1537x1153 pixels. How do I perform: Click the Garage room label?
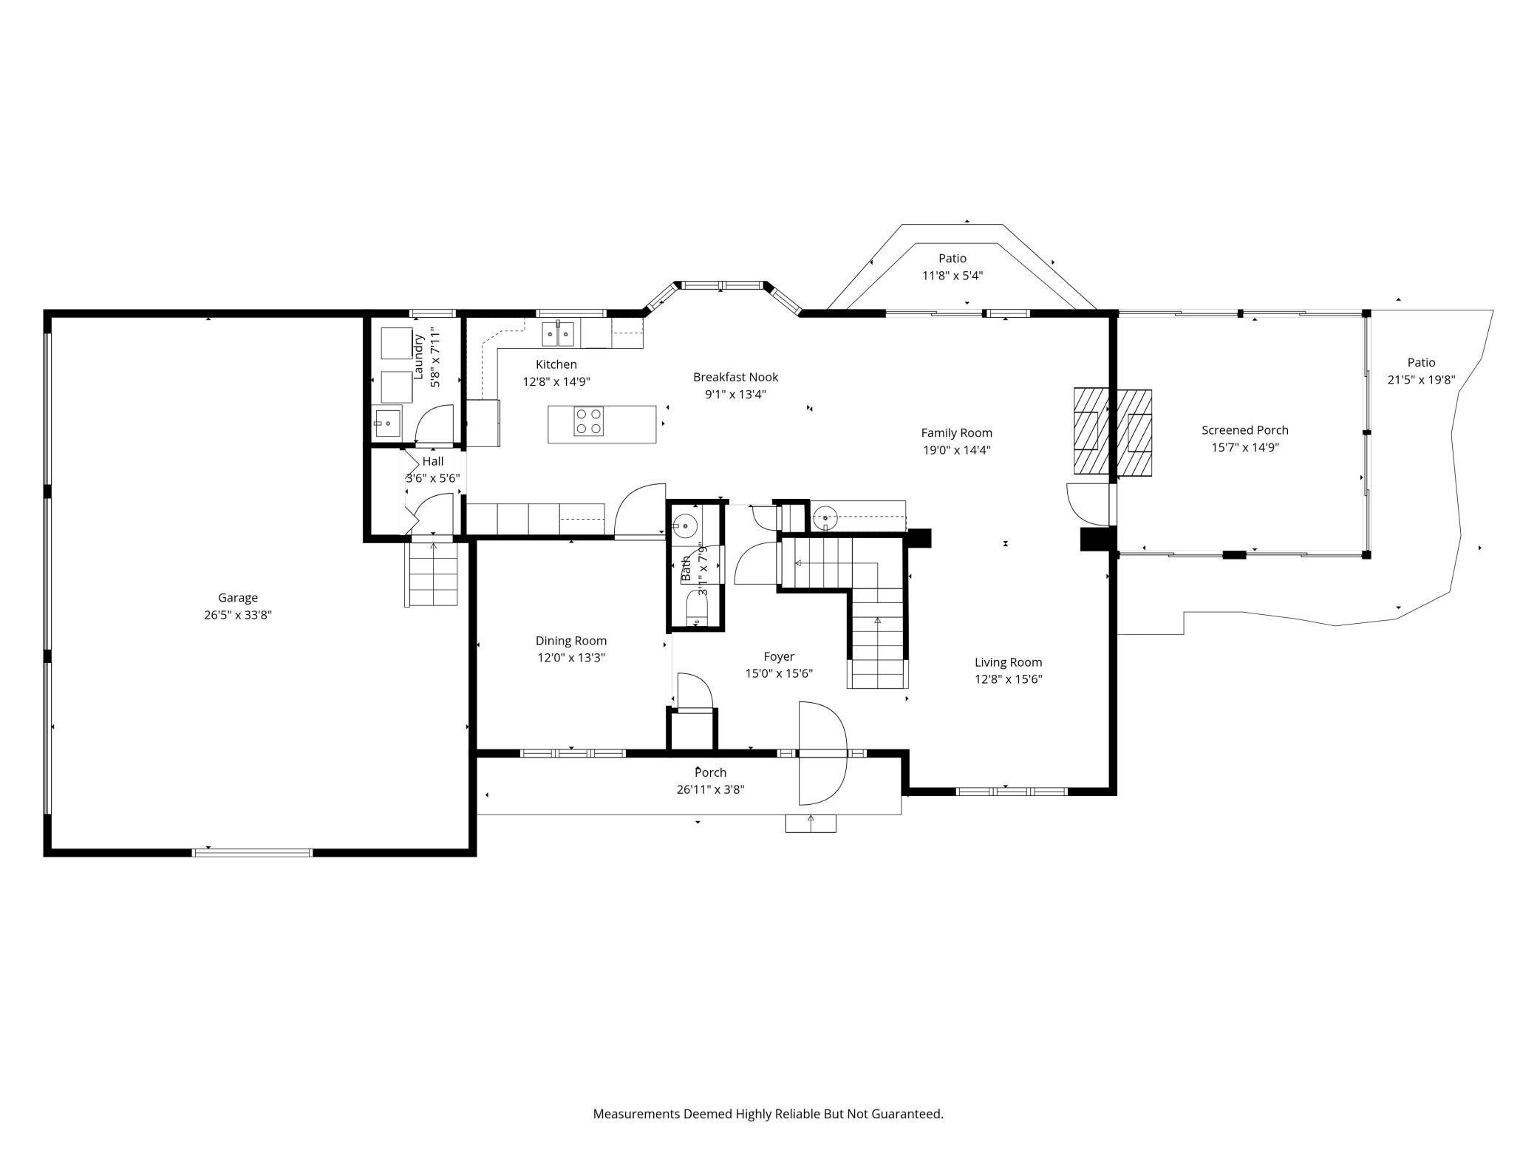(238, 598)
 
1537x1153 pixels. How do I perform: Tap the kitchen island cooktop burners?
(588, 421)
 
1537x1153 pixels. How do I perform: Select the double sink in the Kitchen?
(559, 334)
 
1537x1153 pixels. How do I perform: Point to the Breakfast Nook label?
(735, 377)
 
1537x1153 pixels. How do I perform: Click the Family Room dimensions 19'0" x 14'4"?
(956, 450)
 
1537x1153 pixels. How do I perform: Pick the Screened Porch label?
(1245, 430)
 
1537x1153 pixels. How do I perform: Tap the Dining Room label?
(571, 641)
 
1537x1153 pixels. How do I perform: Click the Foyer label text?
(779, 656)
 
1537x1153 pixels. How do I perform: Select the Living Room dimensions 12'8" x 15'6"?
(1008, 679)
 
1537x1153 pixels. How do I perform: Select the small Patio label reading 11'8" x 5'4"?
(952, 276)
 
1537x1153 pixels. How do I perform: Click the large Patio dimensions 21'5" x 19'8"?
(1421, 380)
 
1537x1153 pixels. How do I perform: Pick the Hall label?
(433, 461)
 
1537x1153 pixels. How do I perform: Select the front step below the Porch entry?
(811, 823)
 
